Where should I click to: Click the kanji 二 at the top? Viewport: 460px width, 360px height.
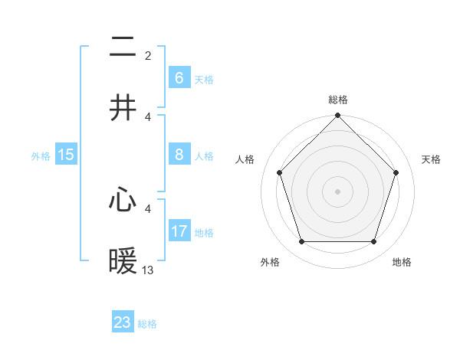[x=123, y=48]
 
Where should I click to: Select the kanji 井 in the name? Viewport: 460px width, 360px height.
[x=123, y=108]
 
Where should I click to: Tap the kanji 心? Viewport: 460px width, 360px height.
[x=123, y=201]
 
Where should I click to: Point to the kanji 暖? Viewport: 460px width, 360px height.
[x=123, y=262]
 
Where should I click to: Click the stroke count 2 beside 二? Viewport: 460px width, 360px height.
[x=148, y=56]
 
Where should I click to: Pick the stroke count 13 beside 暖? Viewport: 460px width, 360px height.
[x=148, y=270]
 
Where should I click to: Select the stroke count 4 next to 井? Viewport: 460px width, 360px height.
[x=148, y=116]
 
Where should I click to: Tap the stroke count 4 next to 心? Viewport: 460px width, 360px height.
[x=148, y=208]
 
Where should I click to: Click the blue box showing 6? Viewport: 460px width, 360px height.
[x=179, y=78]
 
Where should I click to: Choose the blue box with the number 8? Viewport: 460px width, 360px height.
[x=179, y=155]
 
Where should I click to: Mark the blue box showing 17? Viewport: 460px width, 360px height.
[x=179, y=231]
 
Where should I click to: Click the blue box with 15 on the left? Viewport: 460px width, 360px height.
[x=66, y=155]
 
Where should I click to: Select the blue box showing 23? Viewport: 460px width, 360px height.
[x=123, y=322]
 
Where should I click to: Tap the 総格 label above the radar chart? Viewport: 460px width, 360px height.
[x=338, y=100]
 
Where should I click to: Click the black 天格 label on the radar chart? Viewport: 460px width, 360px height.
[x=432, y=159]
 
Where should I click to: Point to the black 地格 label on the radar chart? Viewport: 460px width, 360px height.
[x=402, y=262]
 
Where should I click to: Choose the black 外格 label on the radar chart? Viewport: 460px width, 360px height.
[x=270, y=262]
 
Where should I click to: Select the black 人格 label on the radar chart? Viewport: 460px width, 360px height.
[x=245, y=159]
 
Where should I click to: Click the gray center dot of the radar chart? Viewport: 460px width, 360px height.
[x=337, y=191]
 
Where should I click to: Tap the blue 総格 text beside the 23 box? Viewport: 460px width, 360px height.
[x=147, y=324]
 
